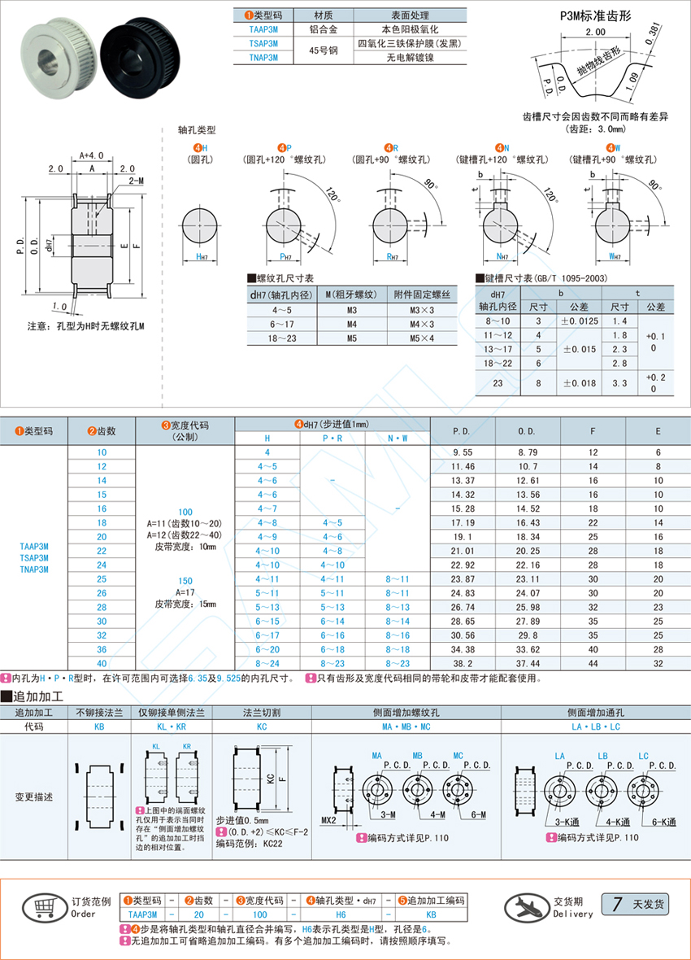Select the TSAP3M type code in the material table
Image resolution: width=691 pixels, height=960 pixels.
tap(263, 43)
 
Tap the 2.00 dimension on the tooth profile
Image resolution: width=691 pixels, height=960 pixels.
tap(595, 32)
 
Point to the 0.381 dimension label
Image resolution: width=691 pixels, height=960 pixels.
tap(653, 33)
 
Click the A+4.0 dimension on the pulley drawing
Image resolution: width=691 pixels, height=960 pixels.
tap(92, 155)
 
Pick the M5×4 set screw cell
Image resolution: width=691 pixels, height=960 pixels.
tap(422, 338)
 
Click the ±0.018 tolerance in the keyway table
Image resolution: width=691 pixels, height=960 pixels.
tap(580, 383)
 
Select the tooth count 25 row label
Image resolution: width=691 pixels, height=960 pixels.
tap(102, 579)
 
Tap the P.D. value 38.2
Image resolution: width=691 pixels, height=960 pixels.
tap(463, 664)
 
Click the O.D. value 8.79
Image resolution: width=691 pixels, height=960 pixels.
tap(527, 452)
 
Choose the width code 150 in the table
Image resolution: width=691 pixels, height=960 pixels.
tap(185, 581)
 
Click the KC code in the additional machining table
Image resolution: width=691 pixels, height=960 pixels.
tap(262, 727)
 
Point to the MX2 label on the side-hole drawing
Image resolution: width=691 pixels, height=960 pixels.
tap(328, 820)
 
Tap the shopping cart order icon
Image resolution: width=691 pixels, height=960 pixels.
tap(43, 907)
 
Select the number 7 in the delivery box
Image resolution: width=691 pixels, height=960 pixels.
tap(617, 904)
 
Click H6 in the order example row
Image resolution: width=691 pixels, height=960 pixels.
tap(341, 914)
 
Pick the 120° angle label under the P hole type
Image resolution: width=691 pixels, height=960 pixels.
tap(331, 194)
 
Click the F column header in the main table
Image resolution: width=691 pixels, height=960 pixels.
tap(593, 431)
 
